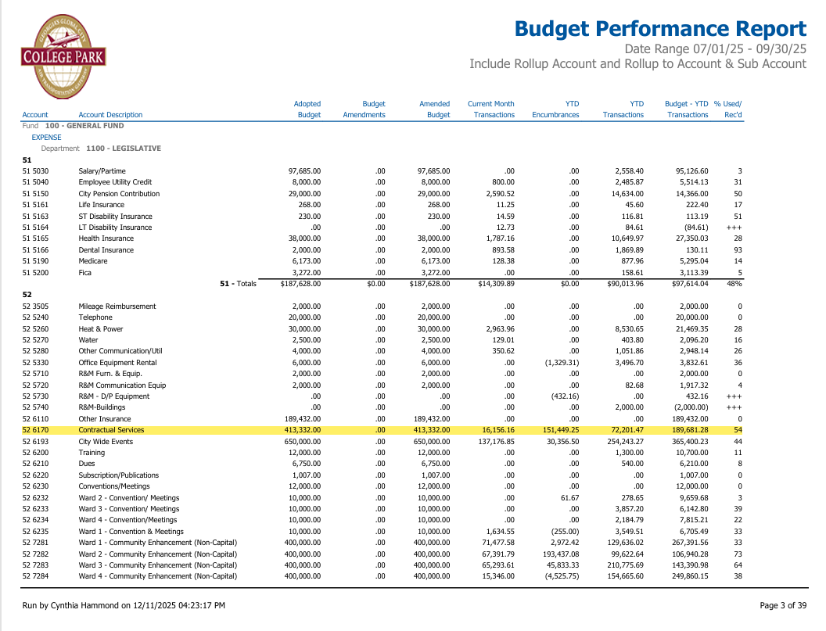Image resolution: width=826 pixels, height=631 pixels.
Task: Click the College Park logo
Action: coord(63,53)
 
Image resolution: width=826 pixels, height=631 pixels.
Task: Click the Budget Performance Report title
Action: coord(660,29)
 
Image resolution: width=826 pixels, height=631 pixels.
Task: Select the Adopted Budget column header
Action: coord(308,109)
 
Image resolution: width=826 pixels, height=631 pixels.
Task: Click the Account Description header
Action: coord(110,115)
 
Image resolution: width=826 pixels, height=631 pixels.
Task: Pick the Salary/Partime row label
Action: coord(102,171)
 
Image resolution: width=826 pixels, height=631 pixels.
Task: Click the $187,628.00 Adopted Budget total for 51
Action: coord(301,284)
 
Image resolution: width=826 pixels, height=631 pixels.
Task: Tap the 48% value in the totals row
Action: coord(734,284)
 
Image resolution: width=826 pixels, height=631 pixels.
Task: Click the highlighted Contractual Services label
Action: coord(111,430)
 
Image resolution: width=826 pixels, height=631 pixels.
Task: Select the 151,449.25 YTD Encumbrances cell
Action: coord(556,430)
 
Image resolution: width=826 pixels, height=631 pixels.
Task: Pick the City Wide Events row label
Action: coord(107,442)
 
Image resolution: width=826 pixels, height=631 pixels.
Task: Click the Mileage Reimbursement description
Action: coord(117,307)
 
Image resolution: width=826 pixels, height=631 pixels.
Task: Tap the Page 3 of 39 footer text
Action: coord(783,605)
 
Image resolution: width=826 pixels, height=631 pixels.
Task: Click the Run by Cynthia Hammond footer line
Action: coord(124,605)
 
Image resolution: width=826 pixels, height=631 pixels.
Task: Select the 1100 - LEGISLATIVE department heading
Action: coord(124,149)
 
